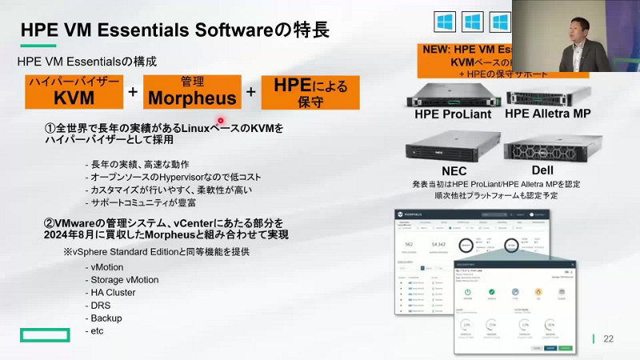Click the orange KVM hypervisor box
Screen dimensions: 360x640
pos(74,91)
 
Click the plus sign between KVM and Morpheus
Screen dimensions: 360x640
pos(133,92)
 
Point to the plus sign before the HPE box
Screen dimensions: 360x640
pos(251,92)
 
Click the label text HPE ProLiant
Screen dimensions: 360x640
pos(449,114)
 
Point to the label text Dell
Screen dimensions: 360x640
pos(547,170)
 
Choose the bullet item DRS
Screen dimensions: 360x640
pos(101,306)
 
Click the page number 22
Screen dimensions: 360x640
pos(609,339)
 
